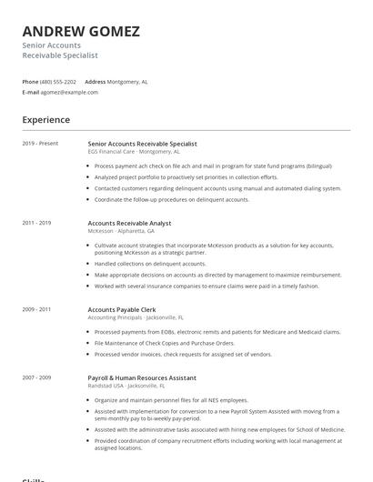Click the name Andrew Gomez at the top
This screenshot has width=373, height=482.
point(81,32)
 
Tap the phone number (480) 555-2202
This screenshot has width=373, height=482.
point(58,82)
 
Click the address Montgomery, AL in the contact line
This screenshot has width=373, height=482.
point(127,82)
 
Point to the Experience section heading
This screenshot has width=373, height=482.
point(45,120)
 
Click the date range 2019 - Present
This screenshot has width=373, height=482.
point(40,144)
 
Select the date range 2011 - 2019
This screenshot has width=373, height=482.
point(36,223)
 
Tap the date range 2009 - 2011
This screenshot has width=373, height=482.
point(36,309)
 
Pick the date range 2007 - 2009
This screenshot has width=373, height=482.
point(36,377)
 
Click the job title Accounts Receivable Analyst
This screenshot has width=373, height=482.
point(129,223)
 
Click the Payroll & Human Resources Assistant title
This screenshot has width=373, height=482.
point(142,377)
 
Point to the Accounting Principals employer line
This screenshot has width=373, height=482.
point(136,317)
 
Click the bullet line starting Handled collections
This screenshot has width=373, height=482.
point(150,264)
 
